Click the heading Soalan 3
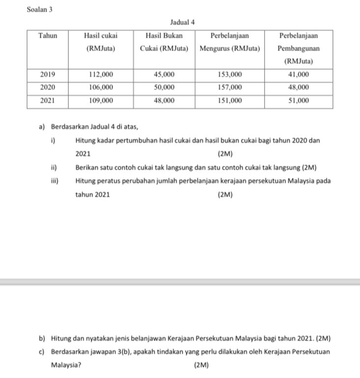point(40,9)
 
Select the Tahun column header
point(48,36)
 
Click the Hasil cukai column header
point(100,42)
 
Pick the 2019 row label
point(48,74)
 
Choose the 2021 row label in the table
point(48,100)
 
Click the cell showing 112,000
point(100,74)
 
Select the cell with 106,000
point(100,87)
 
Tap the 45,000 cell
point(164,74)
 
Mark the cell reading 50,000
point(164,87)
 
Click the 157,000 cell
point(230,87)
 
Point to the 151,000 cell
point(230,100)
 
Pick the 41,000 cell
point(299,74)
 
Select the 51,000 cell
point(299,100)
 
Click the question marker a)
point(42,128)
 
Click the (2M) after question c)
point(202,366)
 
